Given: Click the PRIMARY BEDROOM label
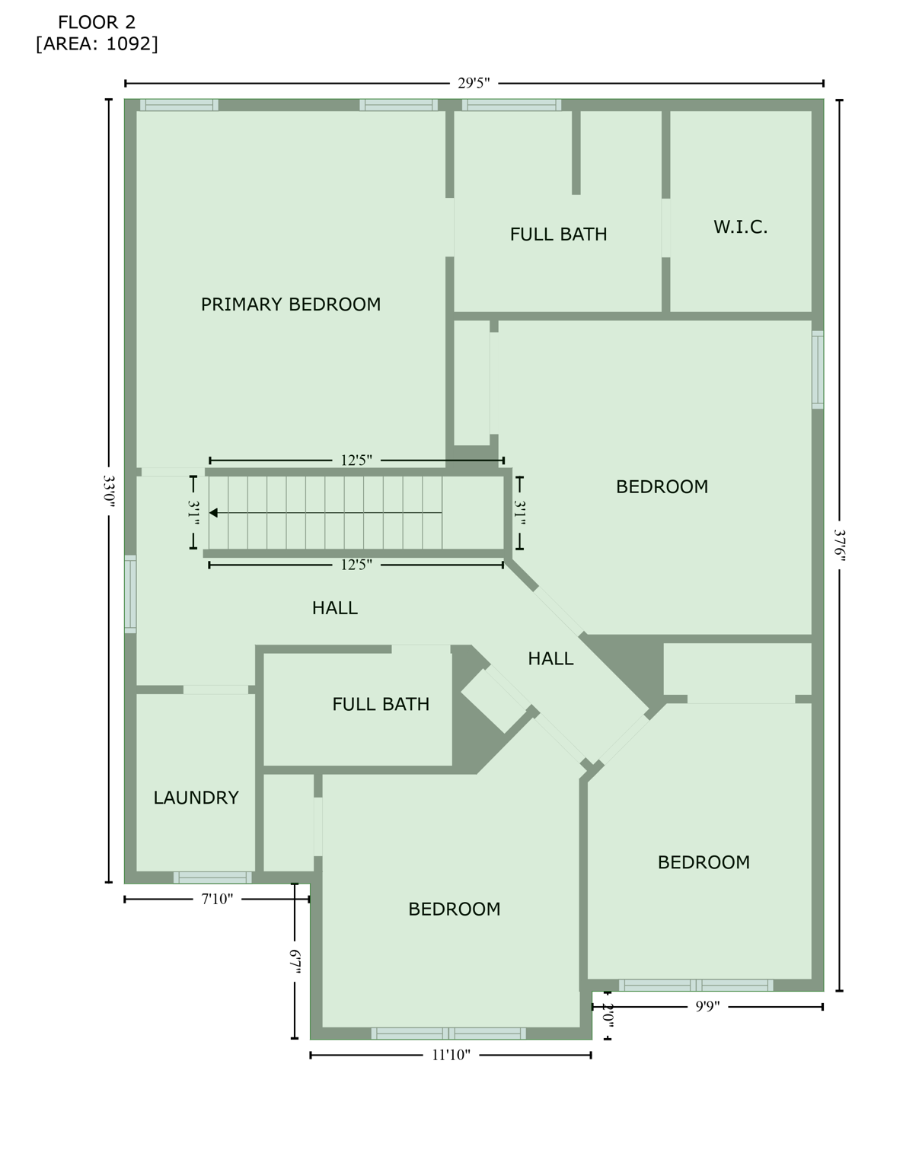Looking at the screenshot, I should (x=290, y=304).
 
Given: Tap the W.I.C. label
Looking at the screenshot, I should (x=740, y=227).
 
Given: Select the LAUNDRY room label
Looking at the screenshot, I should (x=196, y=798).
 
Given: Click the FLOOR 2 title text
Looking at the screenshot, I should (x=97, y=23).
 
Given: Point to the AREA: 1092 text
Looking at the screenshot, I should (x=97, y=44).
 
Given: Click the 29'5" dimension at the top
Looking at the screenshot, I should (x=474, y=83).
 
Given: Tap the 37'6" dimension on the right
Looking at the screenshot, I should (x=840, y=545).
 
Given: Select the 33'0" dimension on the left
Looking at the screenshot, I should (x=109, y=491).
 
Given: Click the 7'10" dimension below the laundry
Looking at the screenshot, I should (x=217, y=899).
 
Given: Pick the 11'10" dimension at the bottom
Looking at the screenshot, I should (x=451, y=1055).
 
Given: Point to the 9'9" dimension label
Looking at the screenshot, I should (x=707, y=1006).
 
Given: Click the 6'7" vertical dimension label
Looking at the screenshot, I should (x=295, y=961).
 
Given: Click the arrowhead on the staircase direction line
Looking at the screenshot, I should (x=214, y=513).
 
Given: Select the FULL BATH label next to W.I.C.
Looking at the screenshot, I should (x=558, y=234).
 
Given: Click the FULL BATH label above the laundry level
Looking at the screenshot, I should (x=381, y=705).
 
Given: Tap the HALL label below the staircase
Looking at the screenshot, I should (x=335, y=608).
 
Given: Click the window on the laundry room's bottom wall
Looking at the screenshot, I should (x=212, y=878).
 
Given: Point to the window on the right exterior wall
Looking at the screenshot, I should (x=818, y=370).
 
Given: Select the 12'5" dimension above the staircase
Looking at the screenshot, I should (x=356, y=460).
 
